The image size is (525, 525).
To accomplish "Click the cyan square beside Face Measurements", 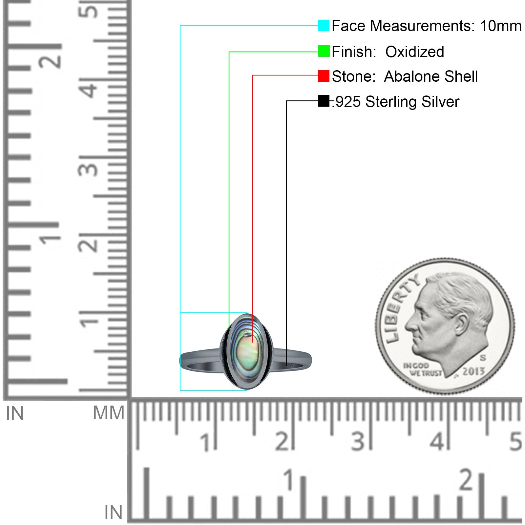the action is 324,26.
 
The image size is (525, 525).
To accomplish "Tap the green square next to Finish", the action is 324,51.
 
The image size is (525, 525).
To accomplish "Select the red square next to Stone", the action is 324,76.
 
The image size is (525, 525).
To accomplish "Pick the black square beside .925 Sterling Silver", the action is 324,101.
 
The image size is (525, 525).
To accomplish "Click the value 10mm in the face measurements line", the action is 501,26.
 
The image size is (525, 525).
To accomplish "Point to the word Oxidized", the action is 415,52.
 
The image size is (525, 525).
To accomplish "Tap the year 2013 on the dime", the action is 473,371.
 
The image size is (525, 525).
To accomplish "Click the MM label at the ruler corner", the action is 109,413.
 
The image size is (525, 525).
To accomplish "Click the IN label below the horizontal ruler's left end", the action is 113,513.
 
